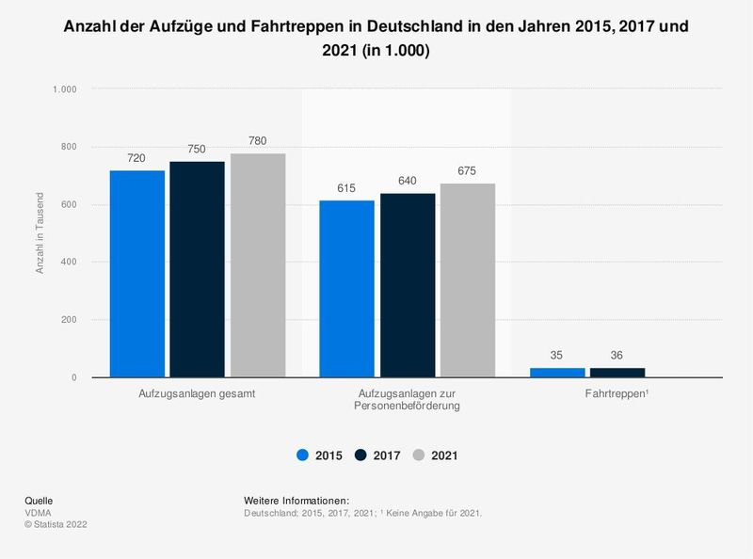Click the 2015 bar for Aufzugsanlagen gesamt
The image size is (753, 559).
[137, 274]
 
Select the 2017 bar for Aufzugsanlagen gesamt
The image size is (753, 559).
[197, 269]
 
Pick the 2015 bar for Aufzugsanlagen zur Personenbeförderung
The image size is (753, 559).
[346, 289]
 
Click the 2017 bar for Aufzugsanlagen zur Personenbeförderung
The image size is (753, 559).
[407, 285]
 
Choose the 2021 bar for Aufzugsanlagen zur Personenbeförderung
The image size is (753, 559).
[467, 280]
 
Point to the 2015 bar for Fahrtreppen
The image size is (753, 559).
[557, 373]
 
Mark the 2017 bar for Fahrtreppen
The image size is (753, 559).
[617, 373]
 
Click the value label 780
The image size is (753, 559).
[257, 141]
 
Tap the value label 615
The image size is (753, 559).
[346, 188]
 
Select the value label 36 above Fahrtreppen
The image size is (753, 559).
[617, 356]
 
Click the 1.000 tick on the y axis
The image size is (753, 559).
[75, 89]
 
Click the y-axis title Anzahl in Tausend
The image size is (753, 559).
[40, 233]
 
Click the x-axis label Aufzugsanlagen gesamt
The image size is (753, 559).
[197, 393]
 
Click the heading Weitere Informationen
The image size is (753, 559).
[296, 500]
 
